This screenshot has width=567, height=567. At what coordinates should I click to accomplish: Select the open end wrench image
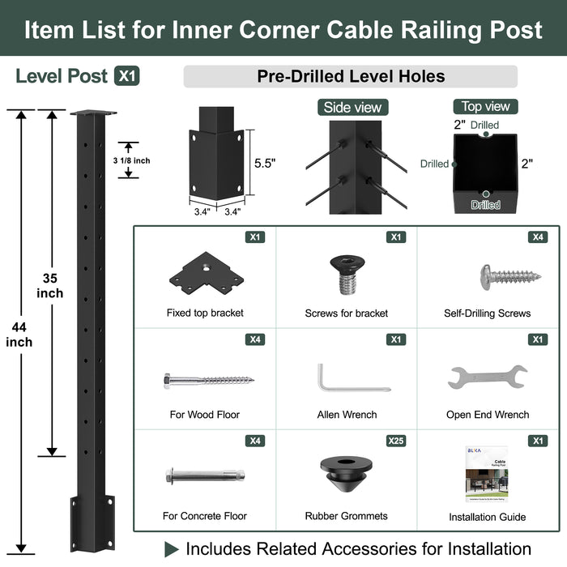coord(487,377)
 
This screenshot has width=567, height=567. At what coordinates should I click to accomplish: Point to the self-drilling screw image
coord(509,275)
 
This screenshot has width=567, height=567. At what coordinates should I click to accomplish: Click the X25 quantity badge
coord(395,441)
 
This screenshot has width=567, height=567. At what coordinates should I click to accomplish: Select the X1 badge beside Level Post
coord(126,76)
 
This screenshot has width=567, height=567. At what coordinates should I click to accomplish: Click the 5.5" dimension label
coord(265,163)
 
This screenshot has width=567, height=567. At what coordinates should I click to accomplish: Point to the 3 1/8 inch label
coord(131,160)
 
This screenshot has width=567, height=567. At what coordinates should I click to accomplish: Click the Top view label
coord(486,106)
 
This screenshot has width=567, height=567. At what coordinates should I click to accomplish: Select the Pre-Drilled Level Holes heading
coord(351,76)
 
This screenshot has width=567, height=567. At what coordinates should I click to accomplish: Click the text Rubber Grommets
coord(346,516)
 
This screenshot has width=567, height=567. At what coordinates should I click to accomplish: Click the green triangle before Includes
coord(171,549)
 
